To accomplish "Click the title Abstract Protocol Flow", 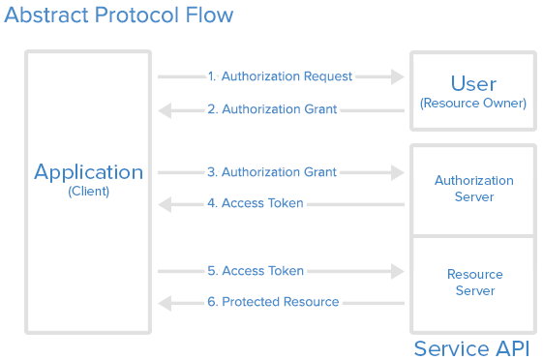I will pos(117,16).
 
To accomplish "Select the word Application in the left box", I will pos(89,172).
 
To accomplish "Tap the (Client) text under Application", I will pos(89,192).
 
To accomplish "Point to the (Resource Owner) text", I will pos(473,103).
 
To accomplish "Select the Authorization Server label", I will pos(473,189).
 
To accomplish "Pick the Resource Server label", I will pos(473,283).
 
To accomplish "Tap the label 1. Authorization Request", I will pos(280,76).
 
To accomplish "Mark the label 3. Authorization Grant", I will pos(272,172).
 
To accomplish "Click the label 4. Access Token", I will pos(256,203).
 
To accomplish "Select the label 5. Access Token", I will pos(256,271).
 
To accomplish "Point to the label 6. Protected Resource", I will pos(273,302).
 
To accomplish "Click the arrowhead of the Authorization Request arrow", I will pos(397,76).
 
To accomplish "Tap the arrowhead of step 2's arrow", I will pos(165,110).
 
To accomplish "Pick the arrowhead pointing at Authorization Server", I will pos(397,173).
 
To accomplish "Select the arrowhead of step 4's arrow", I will pos(165,204).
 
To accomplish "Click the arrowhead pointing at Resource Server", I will pos(397,272).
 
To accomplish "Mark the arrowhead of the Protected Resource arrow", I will pos(165,303).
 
